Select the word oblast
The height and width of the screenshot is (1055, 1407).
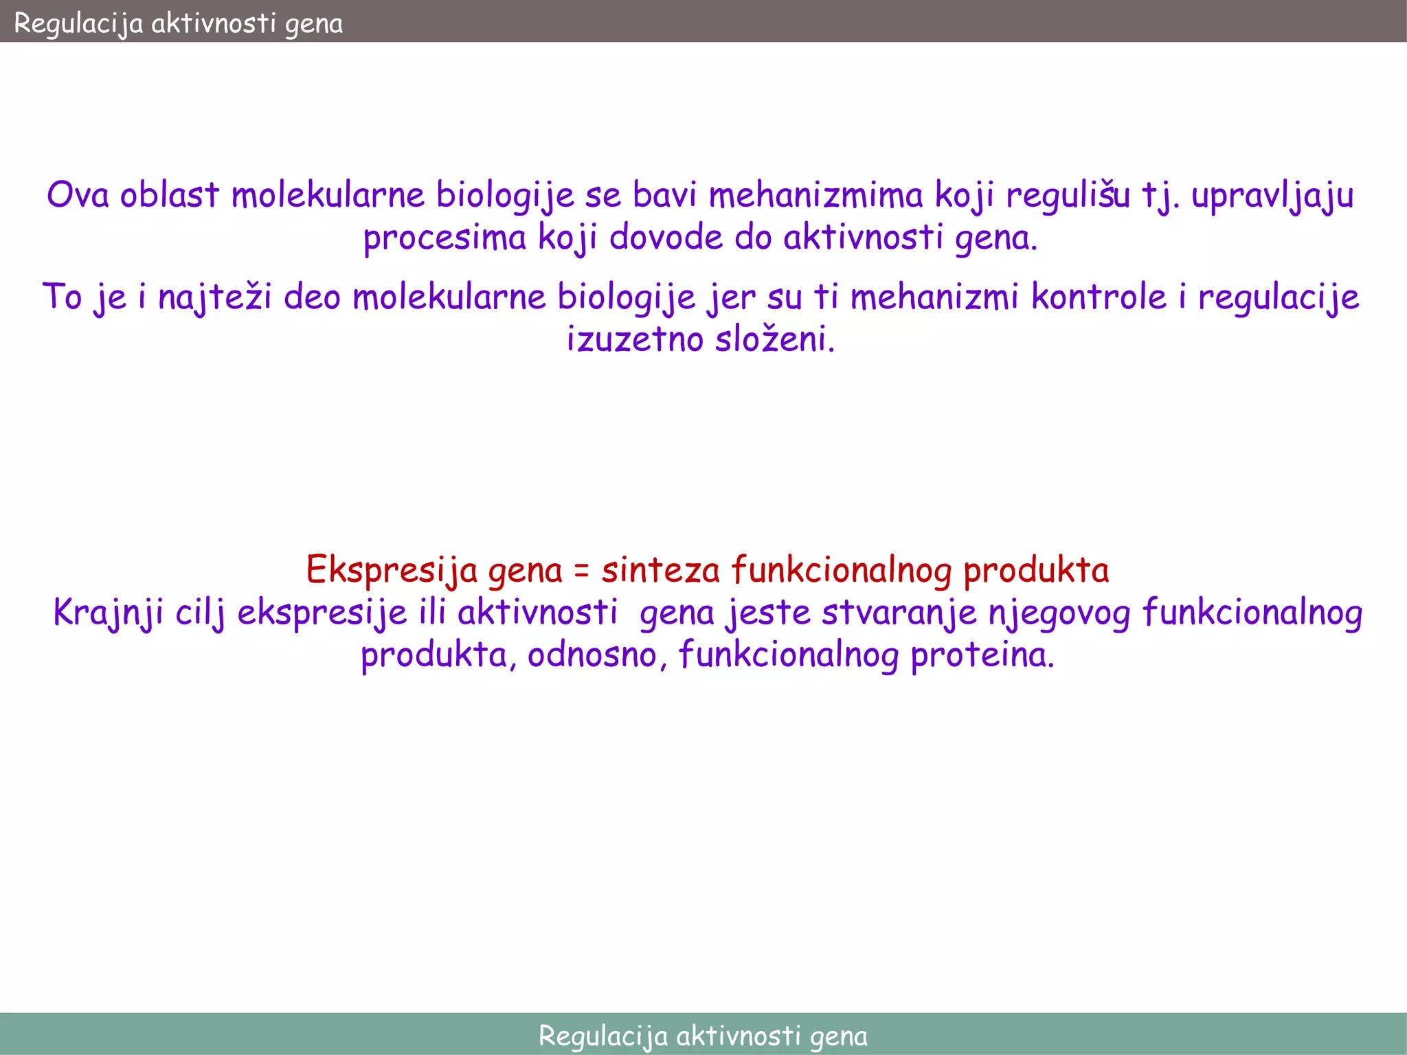coord(170,195)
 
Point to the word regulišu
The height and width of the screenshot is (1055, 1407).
coord(1068,195)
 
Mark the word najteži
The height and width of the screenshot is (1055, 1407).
coord(215,298)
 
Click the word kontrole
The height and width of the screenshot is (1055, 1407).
coord(1099,297)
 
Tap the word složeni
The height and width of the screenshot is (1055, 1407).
coord(775,339)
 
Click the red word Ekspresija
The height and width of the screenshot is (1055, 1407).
coord(392,570)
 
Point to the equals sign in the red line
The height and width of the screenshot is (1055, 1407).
coord(582,571)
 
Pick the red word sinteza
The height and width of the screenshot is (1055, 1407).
coord(660,570)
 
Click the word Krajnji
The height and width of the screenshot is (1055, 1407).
coord(109,613)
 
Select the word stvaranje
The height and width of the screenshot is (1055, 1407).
coord(899,613)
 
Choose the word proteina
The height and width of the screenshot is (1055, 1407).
coord(982,655)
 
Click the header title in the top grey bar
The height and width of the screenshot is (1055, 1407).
coord(178,23)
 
